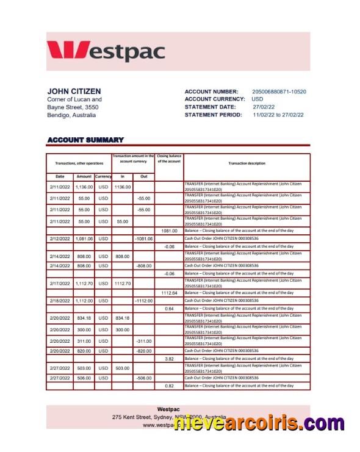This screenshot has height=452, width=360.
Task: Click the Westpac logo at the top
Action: tap(106, 51)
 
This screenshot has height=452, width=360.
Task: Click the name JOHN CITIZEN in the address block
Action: tap(74, 91)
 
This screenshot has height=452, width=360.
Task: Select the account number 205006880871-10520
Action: tap(279, 91)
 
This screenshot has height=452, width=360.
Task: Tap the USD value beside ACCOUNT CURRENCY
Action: tap(257, 99)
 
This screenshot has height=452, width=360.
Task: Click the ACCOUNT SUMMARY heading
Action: tap(85, 140)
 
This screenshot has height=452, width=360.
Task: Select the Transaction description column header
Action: tap(247, 163)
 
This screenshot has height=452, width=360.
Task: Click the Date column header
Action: tap(60, 176)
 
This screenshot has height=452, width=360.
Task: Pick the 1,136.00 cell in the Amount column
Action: tap(84, 187)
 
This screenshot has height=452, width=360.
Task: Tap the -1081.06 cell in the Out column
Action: tap(143, 239)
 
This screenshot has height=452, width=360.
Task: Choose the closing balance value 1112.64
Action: tap(169, 293)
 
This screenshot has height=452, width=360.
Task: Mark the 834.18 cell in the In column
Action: tap(123, 318)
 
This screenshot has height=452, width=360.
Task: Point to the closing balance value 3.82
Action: tap(169, 359)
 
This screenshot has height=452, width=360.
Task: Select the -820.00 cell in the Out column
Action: tap(143, 351)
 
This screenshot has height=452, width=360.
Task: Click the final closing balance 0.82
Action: tap(169, 386)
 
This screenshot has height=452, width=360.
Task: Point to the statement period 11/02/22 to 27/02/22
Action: tap(278, 115)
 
